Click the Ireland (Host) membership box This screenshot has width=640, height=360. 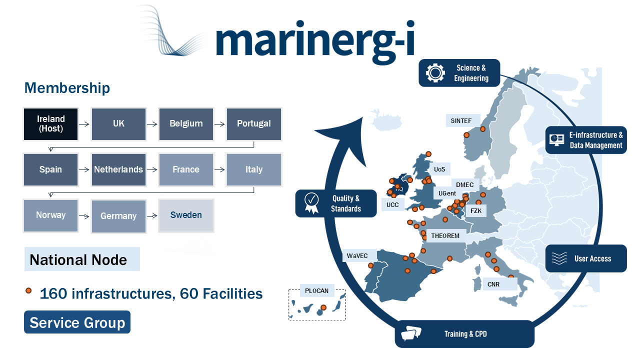tap(50, 123)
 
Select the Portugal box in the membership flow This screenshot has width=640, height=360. tap(253, 123)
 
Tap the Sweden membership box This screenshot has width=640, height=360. tap(186, 215)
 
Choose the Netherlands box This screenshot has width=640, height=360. tap(118, 169)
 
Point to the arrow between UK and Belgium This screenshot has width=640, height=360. tap(152, 123)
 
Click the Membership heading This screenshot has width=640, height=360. tap(67, 88)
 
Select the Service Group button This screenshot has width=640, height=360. tap(77, 322)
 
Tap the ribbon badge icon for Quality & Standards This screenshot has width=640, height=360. tap(311, 203)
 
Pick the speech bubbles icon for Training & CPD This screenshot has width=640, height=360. tap(411, 334)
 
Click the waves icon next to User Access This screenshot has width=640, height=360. tap(559, 258)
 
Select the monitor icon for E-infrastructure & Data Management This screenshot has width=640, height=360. tap(556, 139)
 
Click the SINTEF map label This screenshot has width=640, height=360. tap(461, 120)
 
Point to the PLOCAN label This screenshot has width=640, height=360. tap(316, 290)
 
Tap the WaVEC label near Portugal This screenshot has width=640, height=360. tap(357, 256)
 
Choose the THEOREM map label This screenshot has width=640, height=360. tap(445, 235)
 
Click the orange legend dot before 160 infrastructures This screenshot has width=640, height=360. tap(28, 290)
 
